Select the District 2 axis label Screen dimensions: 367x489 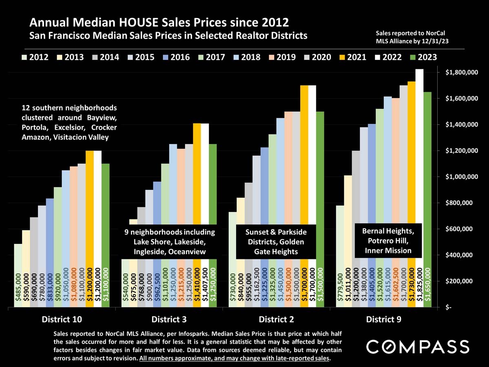point(276,319)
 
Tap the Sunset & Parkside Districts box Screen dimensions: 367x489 point(276,242)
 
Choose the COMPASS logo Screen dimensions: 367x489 point(417,347)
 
